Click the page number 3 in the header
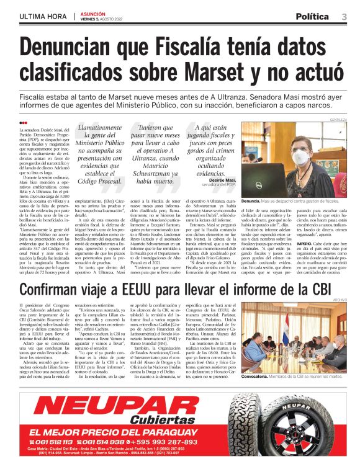tap(344, 16)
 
